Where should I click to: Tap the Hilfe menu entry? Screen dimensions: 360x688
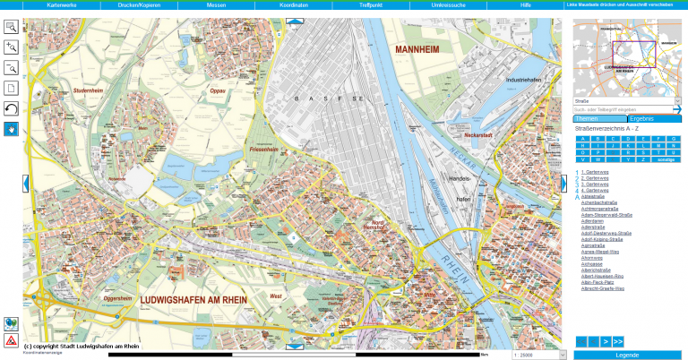coord(525,5)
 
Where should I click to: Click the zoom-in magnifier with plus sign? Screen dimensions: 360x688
coord(11,47)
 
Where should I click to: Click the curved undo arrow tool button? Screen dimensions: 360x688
coord(11,108)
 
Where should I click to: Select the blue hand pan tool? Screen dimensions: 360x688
coord(11,129)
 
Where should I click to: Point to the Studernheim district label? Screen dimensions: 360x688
coord(90,90)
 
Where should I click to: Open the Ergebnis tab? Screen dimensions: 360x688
coord(641,118)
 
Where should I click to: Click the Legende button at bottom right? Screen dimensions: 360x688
coord(627,355)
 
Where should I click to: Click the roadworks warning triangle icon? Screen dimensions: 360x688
coord(11,341)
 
